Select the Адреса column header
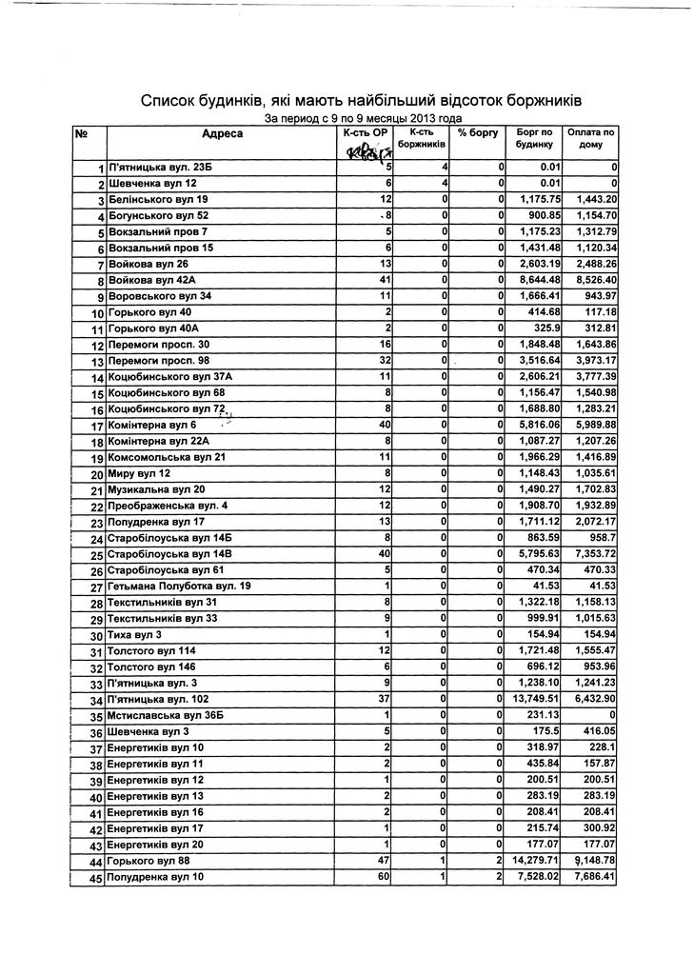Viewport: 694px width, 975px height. tap(222, 134)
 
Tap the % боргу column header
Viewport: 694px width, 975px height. tap(478, 133)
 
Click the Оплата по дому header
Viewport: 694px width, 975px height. tap(591, 139)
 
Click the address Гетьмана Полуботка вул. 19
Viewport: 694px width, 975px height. tap(179, 586)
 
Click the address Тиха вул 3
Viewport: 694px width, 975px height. tap(134, 635)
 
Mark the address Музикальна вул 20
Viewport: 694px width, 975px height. tap(156, 489)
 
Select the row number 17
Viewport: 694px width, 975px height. tap(95, 426)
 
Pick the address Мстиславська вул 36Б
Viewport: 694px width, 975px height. tap(165, 716)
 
